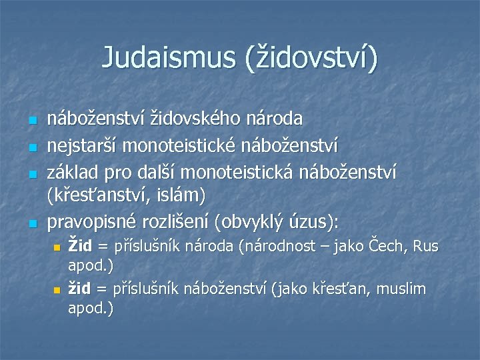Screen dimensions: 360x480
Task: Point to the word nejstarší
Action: coord(81,144)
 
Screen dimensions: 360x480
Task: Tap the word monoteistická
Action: coord(246,172)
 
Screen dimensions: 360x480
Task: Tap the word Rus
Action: coord(425,247)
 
